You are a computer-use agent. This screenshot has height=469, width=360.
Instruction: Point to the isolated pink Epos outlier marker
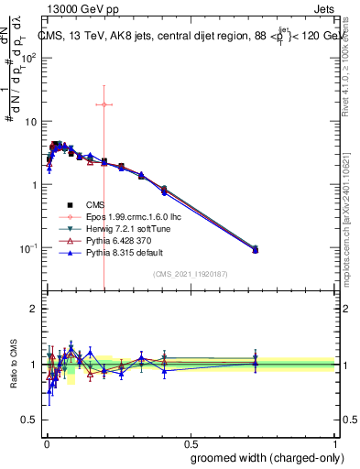coord(104,104)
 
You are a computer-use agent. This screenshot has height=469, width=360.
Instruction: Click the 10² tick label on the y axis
coord(28,57)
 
